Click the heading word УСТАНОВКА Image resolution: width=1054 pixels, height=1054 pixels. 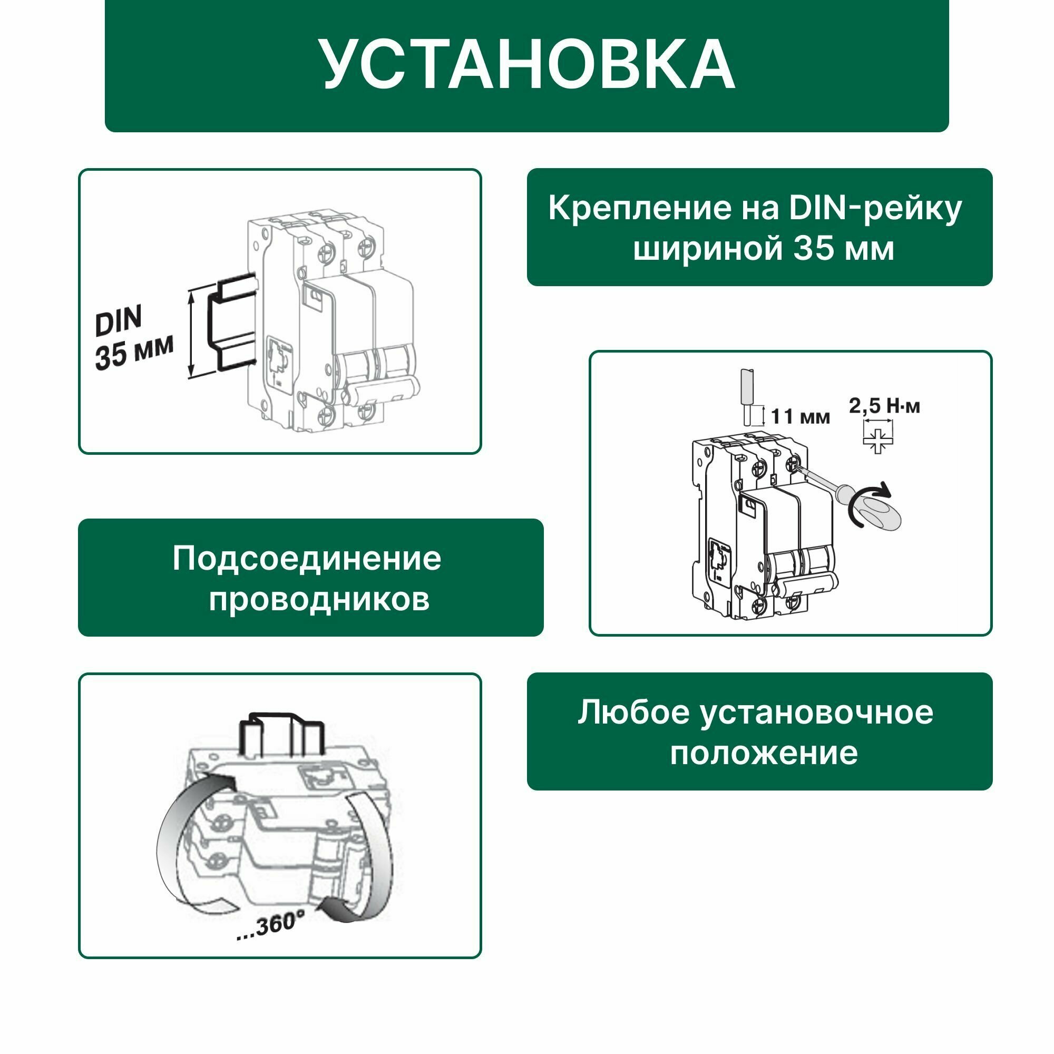527,64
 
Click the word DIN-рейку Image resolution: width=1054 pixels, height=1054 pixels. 875,208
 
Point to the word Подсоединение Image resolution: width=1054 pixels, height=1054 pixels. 307,559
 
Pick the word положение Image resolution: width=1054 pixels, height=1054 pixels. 764,754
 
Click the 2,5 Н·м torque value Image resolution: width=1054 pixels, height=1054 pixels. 884,406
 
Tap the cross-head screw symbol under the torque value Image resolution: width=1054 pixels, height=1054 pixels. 877,440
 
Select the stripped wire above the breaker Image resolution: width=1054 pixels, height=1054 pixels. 747,398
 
